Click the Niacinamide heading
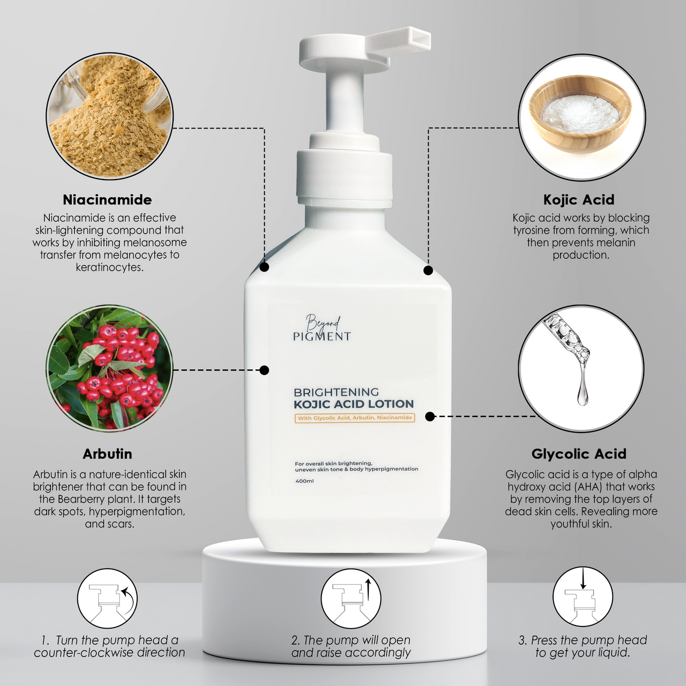pyautogui.click(x=107, y=200)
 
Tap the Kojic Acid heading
pyautogui.click(x=578, y=200)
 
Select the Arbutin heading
pyautogui.click(x=107, y=454)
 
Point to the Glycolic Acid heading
pyautogui.click(x=578, y=454)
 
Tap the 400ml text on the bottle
pyautogui.click(x=304, y=481)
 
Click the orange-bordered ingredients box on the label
pyautogui.click(x=355, y=418)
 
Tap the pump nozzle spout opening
pyautogui.click(x=419, y=39)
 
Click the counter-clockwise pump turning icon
pyautogui.click(x=107, y=599)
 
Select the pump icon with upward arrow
pyautogui.click(x=351, y=599)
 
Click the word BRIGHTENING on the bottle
pyautogui.click(x=336, y=392)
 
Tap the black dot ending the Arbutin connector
pyautogui.click(x=264, y=370)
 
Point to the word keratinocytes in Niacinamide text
pyautogui.click(x=110, y=267)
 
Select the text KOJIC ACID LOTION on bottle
pyautogui.click(x=354, y=404)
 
